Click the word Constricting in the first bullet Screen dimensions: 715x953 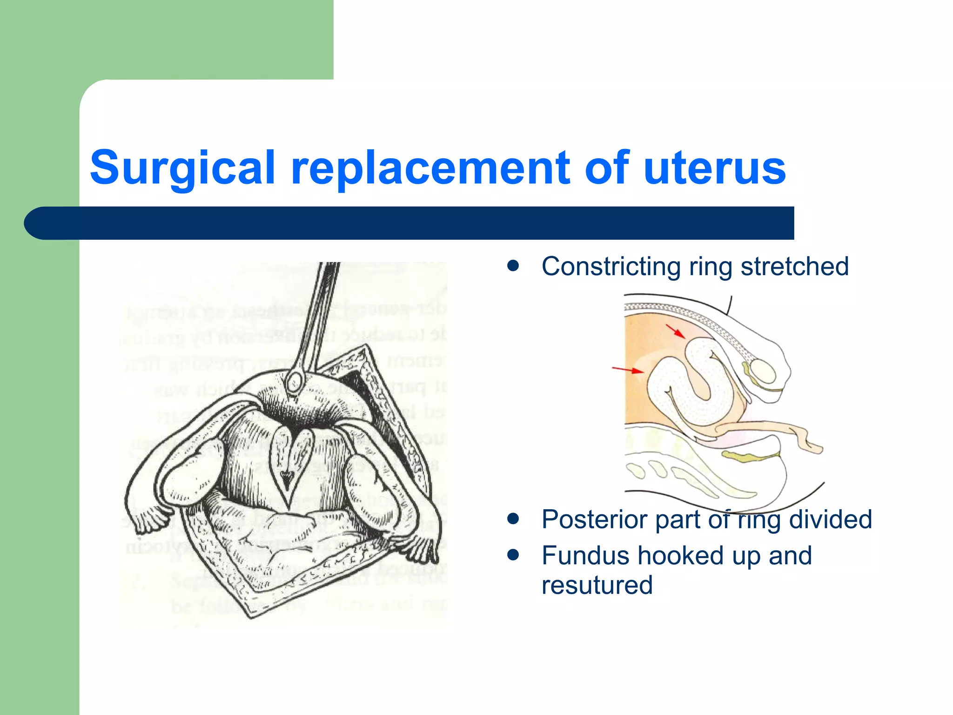611,267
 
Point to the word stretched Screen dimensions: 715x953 794,267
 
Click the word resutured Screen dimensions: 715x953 597,585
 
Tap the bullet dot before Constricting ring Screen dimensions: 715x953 513,266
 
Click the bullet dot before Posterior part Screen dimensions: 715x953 513,519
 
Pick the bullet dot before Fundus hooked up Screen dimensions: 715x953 513,555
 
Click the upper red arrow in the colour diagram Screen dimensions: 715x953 675,331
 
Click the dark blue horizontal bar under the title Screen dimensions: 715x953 409,223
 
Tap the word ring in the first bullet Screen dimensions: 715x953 711,267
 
